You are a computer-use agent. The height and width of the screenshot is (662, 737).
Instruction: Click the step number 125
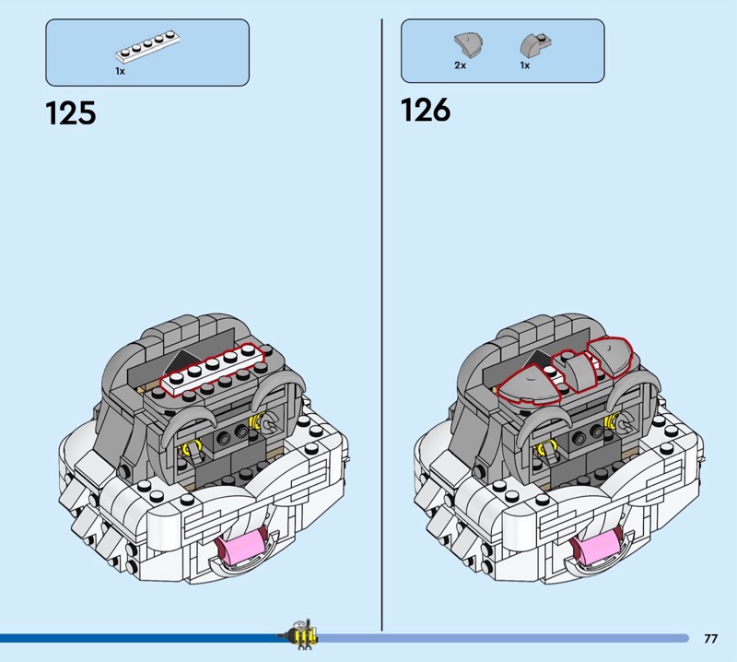tap(71, 113)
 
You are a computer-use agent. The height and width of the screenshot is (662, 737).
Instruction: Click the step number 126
tap(426, 110)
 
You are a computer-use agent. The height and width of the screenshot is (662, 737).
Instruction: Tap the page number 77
tap(710, 638)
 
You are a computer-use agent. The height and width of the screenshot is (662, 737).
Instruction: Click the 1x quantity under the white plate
tap(120, 71)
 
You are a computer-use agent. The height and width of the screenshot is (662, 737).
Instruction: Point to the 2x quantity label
tap(460, 65)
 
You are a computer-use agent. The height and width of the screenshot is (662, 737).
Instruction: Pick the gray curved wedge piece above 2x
tap(469, 46)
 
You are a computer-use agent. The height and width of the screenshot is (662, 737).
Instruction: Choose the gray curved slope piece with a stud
tap(535, 45)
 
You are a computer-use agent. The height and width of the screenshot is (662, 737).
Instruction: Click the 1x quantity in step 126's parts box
tap(524, 65)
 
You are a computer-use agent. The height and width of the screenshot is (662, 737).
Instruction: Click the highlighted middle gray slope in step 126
tap(575, 370)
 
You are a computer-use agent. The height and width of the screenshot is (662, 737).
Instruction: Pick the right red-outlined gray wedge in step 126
tap(610, 356)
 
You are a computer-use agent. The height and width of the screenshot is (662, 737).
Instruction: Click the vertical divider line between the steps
tap(381, 325)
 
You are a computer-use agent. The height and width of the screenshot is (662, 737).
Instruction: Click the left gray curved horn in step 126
tap(541, 426)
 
